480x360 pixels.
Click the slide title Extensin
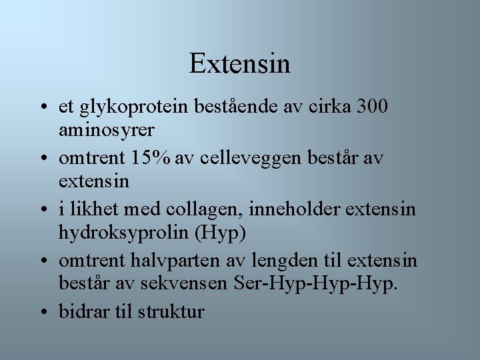(x=240, y=64)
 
